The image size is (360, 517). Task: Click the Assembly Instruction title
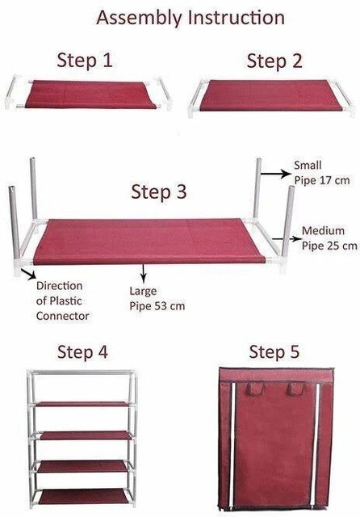coord(190,18)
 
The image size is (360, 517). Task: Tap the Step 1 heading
coord(85,61)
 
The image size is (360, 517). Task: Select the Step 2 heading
coord(274,61)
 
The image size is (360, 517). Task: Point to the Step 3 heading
coord(159,191)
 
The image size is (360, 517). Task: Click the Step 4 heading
coord(82,352)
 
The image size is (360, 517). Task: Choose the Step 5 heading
coord(274,352)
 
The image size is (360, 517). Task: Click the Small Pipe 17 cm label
coord(322,173)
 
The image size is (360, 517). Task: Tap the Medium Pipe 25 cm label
coord(329,238)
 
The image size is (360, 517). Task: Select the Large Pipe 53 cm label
coord(157,298)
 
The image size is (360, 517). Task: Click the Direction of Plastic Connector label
coord(63,301)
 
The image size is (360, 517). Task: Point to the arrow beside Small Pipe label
coord(276,174)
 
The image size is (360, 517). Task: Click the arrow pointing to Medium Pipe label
coord(287,239)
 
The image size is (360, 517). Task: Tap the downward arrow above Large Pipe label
coord(143,273)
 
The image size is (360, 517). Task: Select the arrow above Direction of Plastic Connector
coord(29,274)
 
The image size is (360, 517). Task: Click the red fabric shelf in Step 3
coord(149,242)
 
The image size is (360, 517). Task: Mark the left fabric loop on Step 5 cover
coord(255,389)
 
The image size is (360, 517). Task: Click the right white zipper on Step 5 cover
coord(315,445)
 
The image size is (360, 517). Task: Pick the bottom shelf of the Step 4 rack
coord(82,497)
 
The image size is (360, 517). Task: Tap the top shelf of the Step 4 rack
coord(82,404)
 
